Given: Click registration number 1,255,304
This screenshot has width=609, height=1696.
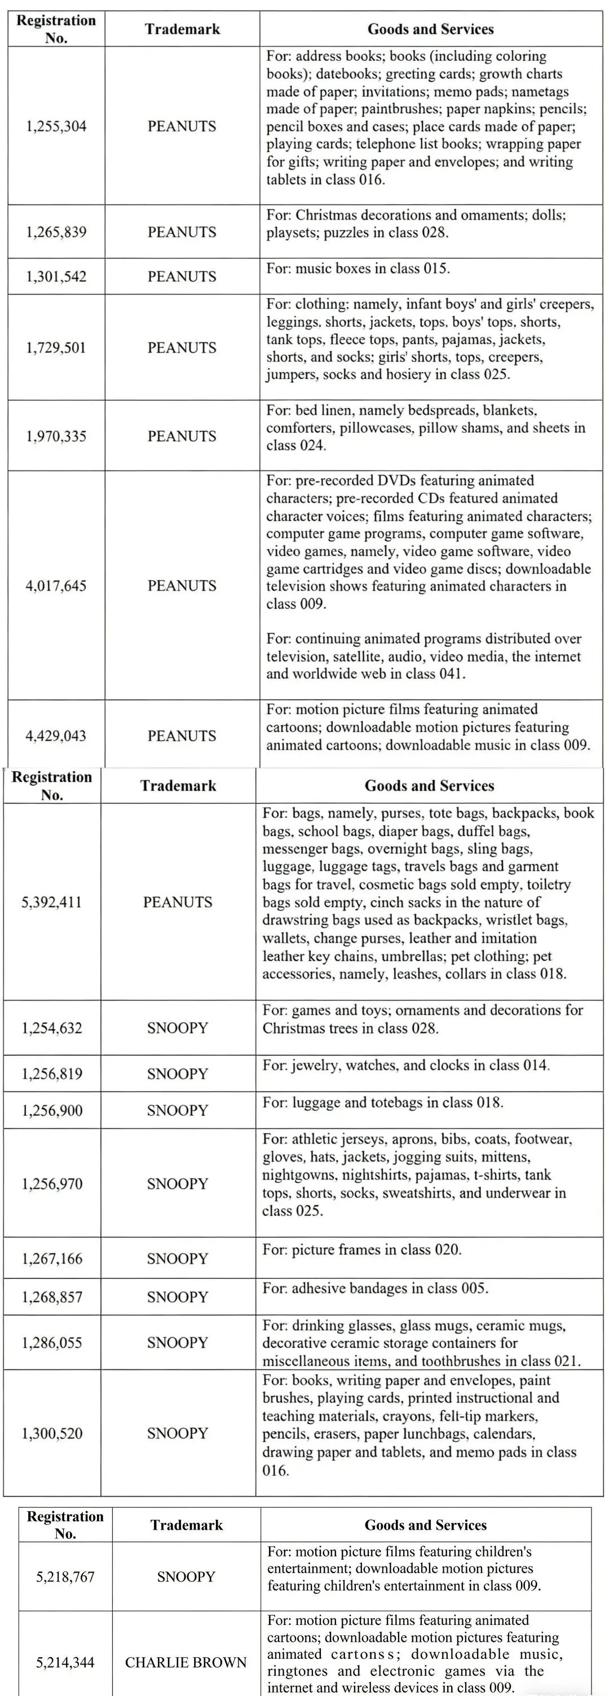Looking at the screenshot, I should (x=56, y=126).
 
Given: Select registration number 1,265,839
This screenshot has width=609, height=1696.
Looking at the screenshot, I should (x=56, y=232).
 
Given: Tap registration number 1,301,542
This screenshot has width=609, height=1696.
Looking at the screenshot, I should (x=56, y=277).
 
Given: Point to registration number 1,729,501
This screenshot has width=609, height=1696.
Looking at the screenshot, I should (x=56, y=348).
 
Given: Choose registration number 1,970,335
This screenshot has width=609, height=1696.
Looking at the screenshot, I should (x=56, y=436).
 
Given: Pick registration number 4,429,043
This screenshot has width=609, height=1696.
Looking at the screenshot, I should (x=56, y=736).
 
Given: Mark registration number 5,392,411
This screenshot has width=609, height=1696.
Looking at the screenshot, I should (x=52, y=902).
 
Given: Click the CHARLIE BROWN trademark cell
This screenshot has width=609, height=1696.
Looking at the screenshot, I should (x=186, y=1662).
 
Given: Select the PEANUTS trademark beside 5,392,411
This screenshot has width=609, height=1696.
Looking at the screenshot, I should (x=178, y=902).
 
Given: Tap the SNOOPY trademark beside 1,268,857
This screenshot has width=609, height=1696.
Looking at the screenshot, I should (x=177, y=1296).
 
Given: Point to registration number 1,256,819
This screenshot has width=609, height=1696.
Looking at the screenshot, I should (x=52, y=1074).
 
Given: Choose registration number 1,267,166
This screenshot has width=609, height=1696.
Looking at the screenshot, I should (x=52, y=1258).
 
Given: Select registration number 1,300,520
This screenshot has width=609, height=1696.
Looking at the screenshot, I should (x=52, y=1433).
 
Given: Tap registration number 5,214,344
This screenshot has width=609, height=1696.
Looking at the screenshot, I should (x=65, y=1662).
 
